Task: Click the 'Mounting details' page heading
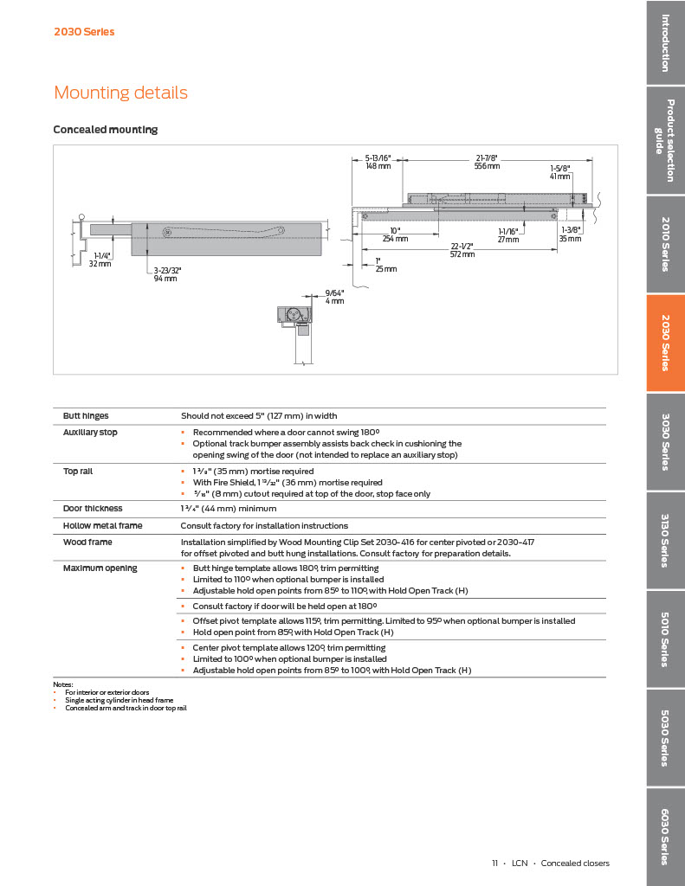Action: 120,93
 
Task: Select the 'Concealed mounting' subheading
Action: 106,130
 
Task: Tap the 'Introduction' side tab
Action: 665,42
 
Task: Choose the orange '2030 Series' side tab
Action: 665,343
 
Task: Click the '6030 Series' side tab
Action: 665,836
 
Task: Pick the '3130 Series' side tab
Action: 665,541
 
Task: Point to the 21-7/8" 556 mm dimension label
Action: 487,162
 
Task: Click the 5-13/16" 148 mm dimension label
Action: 378,162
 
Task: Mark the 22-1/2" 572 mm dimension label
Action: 462,250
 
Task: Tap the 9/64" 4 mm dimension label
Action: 334,297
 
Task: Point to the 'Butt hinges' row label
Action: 86,416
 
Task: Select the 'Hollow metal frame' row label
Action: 102,525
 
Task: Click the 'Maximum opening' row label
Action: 100,568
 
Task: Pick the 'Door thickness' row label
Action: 93,509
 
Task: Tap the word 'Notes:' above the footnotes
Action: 63,684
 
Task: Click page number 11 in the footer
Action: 494,863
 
